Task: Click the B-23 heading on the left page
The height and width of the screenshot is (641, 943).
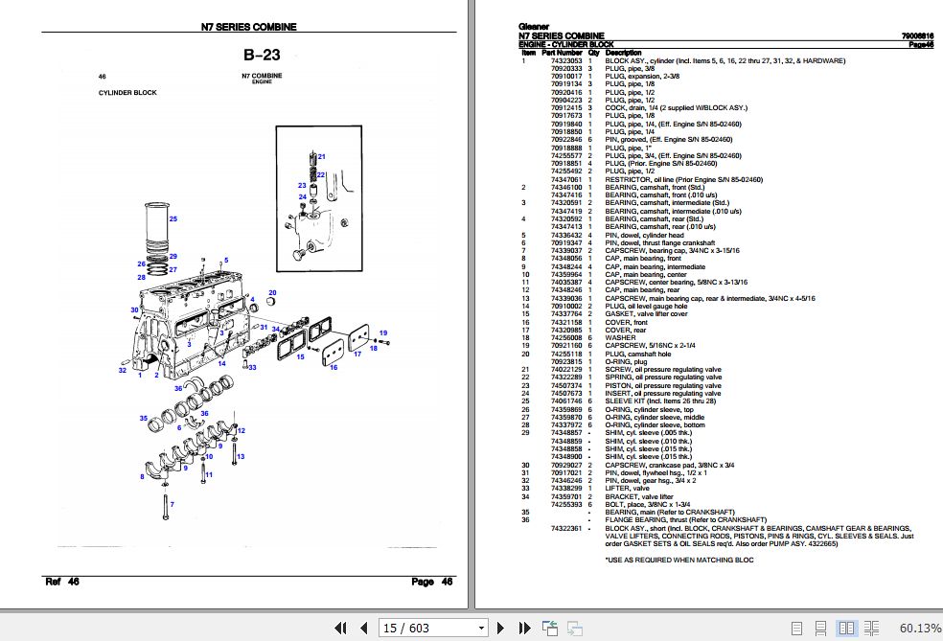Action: click(262, 56)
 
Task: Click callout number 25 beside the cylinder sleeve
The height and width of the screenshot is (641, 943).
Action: click(173, 218)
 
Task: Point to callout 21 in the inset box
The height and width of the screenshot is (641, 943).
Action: click(322, 156)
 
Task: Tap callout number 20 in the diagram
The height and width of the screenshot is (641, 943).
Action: click(272, 293)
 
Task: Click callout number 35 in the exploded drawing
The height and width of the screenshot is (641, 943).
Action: click(143, 419)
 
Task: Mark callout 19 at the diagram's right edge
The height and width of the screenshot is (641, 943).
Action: click(382, 332)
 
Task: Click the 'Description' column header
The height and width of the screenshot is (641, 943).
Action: click(624, 52)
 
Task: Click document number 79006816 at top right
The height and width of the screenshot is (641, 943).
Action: click(916, 36)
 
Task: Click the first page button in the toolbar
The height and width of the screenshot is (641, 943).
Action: click(339, 628)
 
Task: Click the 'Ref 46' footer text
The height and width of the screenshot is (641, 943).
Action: click(62, 582)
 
